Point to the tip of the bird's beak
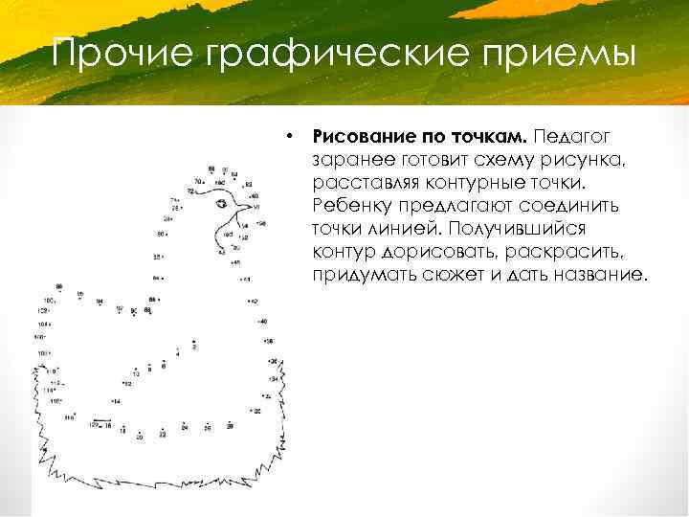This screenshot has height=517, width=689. [256, 204]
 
